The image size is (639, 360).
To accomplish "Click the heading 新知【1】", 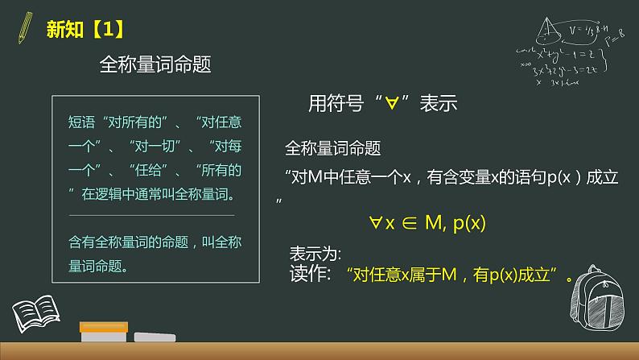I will tap(85, 29).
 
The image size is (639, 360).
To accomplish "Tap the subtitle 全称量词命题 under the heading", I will tap(154, 65).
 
